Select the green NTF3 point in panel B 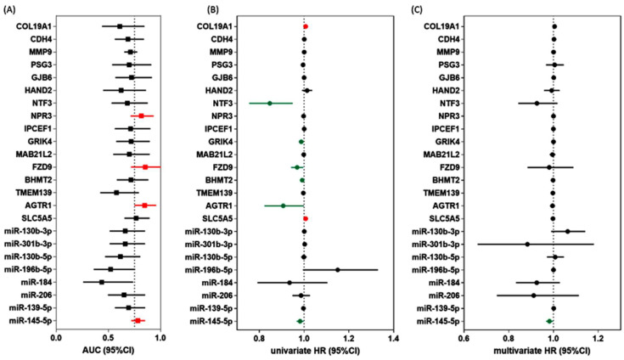click(269, 103)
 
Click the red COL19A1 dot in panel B click(306, 26)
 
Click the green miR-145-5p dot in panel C click(549, 321)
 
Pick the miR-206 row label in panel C click(441, 295)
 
